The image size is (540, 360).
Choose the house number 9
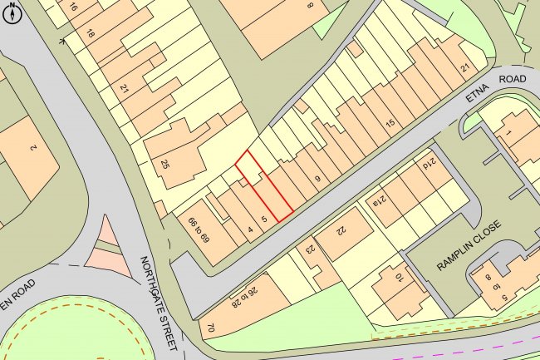pyautogui.click(x=317, y=177)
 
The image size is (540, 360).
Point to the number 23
pyautogui.click(x=311, y=248)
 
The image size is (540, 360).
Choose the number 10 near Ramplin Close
pyautogui.click(x=398, y=279)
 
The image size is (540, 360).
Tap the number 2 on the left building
pyautogui.click(x=32, y=147)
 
